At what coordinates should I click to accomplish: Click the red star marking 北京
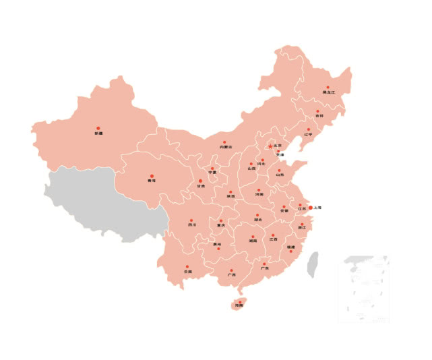coord(270,146)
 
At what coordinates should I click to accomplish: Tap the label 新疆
coord(99,133)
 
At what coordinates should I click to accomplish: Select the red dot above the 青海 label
coord(152,176)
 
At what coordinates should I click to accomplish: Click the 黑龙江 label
coord(328,92)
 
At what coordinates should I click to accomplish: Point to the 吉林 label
coord(319,116)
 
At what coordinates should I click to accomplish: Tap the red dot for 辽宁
coord(309,129)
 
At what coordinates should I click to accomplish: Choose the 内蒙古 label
coord(226,147)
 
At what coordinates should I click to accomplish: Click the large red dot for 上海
coord(311,208)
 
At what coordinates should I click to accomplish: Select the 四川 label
coord(192,225)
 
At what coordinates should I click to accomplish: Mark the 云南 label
coord(188,272)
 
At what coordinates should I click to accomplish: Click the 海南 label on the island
coord(239,305)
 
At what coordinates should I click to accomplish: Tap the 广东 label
coord(265,268)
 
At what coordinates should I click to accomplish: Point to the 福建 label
coord(290,247)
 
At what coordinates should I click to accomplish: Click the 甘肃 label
coord(200,186)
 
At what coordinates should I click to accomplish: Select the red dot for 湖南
coord(253,237)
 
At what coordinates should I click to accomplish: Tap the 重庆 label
coord(221,225)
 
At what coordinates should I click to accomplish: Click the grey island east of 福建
coord(313,265)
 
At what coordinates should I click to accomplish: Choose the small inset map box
coord(364,289)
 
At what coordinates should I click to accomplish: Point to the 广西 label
coord(231,275)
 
